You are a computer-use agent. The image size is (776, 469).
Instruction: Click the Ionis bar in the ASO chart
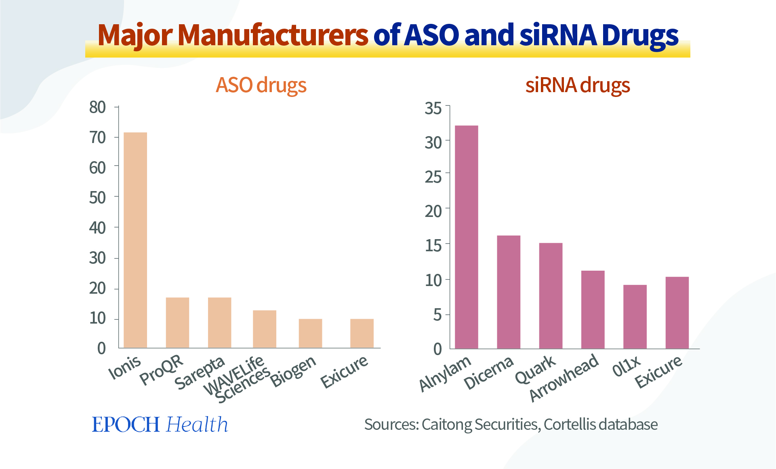pyautogui.click(x=135, y=240)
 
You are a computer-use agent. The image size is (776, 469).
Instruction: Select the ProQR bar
pyautogui.click(x=177, y=322)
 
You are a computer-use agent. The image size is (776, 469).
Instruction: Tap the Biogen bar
pyautogui.click(x=310, y=333)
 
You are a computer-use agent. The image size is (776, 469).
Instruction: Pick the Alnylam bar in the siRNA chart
pyautogui.click(x=467, y=237)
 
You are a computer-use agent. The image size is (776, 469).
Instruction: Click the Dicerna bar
pyautogui.click(x=509, y=292)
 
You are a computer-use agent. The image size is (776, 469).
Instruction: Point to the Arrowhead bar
pyautogui.click(x=593, y=309)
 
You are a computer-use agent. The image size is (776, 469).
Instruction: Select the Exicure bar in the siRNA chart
pyautogui.click(x=677, y=313)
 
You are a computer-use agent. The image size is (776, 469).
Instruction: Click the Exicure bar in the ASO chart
pyautogui.click(x=362, y=333)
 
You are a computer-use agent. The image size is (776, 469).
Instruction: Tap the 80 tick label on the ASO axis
pyautogui.click(x=97, y=107)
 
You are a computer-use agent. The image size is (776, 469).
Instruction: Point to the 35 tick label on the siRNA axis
pyautogui.click(x=433, y=108)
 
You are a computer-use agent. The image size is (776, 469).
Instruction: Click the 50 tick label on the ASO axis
pyautogui.click(x=97, y=198)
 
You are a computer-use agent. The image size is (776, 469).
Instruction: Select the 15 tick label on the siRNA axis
pyautogui.click(x=433, y=245)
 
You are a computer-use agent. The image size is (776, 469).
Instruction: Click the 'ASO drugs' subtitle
pyautogui.click(x=261, y=85)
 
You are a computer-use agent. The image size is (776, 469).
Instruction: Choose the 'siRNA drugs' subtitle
pyautogui.click(x=578, y=85)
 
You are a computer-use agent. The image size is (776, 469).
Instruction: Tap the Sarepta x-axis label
pyautogui.click(x=200, y=373)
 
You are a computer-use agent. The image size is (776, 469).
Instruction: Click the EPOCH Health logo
pyautogui.click(x=160, y=425)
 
